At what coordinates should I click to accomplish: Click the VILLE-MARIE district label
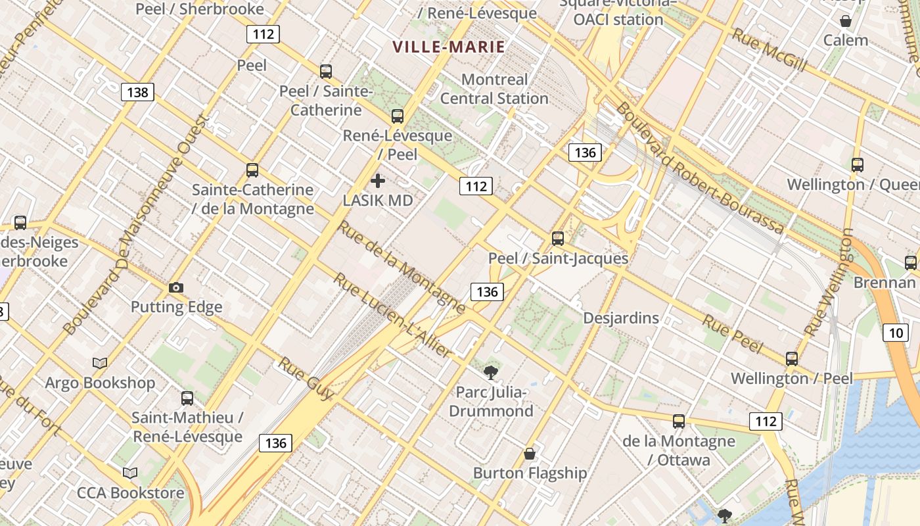coord(449,47)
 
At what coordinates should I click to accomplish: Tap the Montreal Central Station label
coord(494,89)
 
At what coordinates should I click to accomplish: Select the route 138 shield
coord(137,92)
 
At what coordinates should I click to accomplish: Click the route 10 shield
coord(896,333)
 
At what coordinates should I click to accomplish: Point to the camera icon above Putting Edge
coord(175,287)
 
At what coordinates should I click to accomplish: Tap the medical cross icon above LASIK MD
coord(378,181)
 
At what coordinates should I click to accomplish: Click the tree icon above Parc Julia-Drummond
coord(490,373)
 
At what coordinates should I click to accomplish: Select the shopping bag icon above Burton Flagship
coord(530,454)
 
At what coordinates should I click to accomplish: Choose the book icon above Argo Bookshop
coord(100,363)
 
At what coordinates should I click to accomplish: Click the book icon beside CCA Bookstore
coord(130,473)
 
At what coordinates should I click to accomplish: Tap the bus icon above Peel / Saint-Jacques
coord(558,239)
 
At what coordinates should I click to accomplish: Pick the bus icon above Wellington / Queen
coord(857,165)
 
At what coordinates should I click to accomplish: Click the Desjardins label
coord(621,318)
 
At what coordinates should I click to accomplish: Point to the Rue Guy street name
coord(306,379)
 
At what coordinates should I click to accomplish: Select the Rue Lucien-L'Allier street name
coord(392,316)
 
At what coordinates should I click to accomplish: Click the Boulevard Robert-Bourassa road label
coord(699,168)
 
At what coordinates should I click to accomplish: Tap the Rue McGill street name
coord(769,49)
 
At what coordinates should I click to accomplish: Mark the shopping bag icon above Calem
coord(846,20)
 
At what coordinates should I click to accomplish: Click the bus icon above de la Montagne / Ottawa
coord(679,421)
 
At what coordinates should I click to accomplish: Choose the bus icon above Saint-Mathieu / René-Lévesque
coord(187,398)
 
